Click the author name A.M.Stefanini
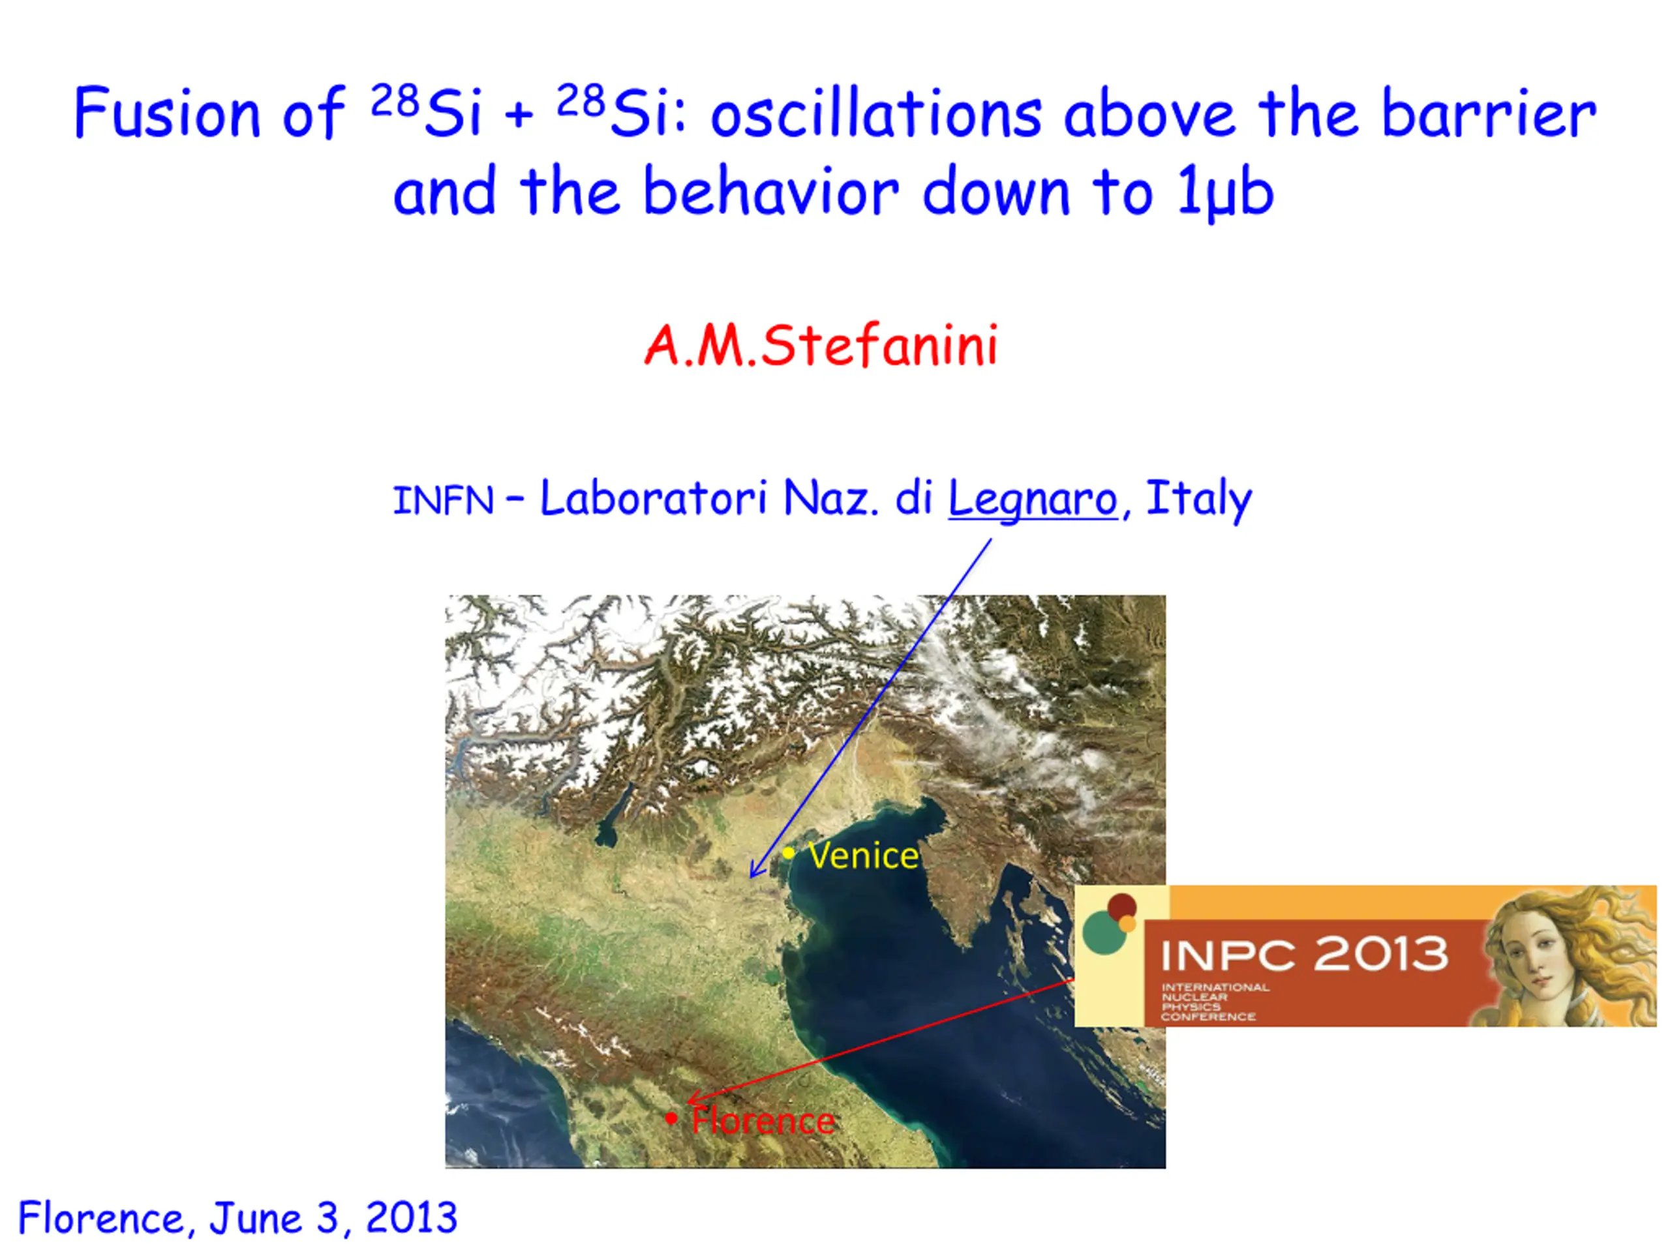821,346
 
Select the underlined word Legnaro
1032,500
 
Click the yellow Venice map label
863,856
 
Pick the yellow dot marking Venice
788,854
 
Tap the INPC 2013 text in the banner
1305,954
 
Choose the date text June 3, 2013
333,1218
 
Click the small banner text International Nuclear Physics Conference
1215,1002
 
